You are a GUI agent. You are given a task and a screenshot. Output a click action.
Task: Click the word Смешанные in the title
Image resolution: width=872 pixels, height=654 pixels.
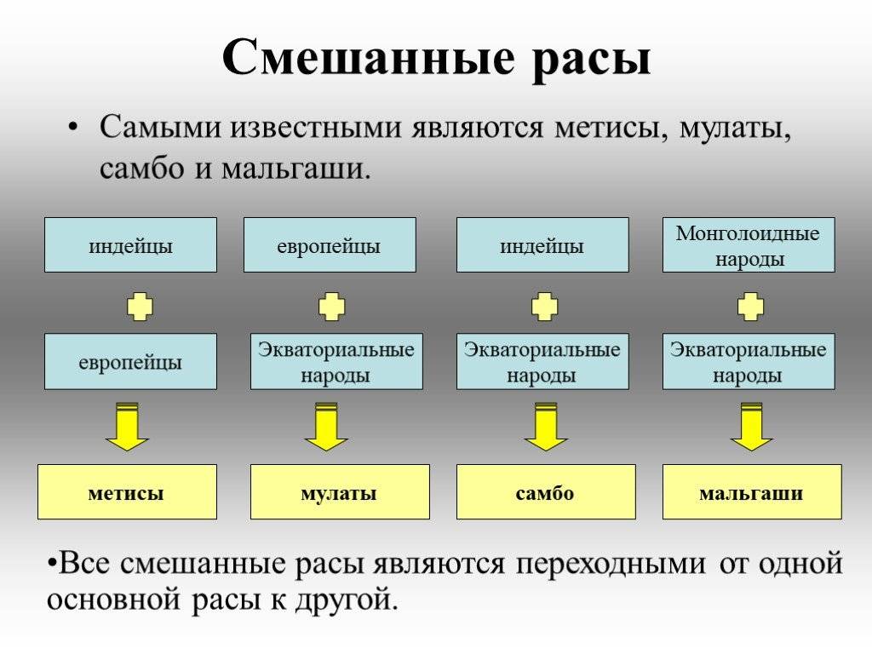tap(368, 57)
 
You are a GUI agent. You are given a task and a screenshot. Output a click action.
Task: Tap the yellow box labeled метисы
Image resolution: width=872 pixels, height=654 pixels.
tap(128, 492)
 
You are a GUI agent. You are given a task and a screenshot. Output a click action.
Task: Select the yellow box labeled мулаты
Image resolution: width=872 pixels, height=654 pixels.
tap(340, 492)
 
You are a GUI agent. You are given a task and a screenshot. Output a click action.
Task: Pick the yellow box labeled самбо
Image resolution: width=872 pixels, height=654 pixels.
tap(546, 492)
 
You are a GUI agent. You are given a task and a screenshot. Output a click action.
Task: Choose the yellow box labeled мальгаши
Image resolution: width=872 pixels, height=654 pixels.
tap(752, 492)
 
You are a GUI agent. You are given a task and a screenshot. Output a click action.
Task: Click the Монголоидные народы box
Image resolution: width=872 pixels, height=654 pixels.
tap(749, 244)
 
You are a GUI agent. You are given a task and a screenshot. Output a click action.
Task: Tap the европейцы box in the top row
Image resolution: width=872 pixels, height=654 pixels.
tap(330, 244)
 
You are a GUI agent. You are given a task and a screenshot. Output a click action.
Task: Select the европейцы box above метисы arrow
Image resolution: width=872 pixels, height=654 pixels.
tap(130, 361)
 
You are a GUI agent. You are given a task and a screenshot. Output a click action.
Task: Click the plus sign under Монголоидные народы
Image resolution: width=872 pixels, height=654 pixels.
tap(750, 307)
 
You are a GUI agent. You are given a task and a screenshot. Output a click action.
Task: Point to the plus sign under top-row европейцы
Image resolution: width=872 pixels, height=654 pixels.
tap(331, 307)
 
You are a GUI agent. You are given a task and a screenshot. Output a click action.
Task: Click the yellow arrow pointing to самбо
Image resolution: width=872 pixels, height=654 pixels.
tap(546, 427)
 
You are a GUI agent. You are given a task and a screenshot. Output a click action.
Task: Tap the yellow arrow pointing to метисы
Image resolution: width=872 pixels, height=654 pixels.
tap(128, 427)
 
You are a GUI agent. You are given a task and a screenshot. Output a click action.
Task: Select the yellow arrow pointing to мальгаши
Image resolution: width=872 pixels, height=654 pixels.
tap(751, 427)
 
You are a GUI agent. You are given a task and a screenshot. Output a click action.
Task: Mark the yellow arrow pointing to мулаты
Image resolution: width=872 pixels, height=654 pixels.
tap(326, 427)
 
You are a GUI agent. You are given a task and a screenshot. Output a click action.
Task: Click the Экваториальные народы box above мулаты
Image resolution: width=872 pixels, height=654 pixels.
tap(336, 361)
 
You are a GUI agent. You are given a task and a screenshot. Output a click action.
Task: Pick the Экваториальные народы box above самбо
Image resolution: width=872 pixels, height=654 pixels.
tap(542, 361)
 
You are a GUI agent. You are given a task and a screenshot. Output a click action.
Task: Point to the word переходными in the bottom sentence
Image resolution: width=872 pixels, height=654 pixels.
tap(611, 565)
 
